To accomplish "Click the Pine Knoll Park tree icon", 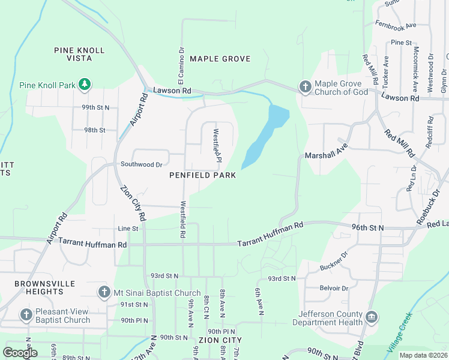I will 85,85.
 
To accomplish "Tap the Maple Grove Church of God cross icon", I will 305,88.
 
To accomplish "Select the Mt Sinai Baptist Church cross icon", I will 104,293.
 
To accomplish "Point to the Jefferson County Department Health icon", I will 371,316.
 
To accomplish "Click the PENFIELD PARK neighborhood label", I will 202,175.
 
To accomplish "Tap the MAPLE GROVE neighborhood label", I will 220,59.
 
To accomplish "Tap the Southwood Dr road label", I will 142,164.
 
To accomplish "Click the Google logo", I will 20,352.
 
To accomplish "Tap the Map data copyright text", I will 423,355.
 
